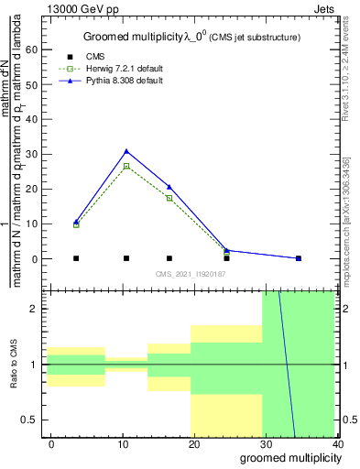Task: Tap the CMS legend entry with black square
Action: pos(95,57)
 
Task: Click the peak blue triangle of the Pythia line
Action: pos(126,151)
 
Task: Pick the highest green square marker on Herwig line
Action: pos(126,166)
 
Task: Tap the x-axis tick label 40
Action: pos(338,443)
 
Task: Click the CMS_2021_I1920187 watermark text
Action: pos(190,274)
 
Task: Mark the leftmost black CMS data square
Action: pos(76,258)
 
